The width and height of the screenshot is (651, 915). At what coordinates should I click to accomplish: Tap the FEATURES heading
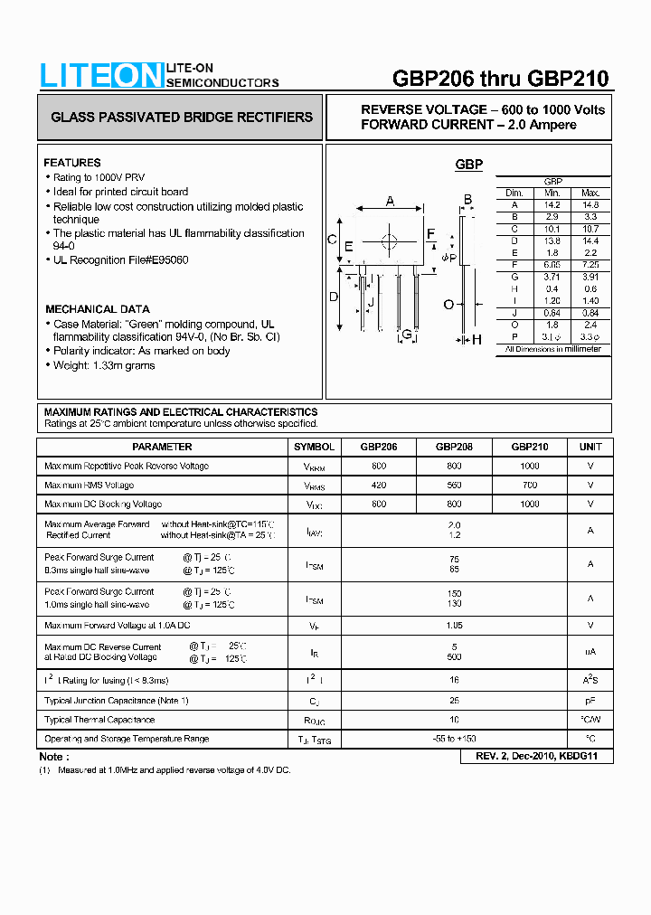(x=72, y=163)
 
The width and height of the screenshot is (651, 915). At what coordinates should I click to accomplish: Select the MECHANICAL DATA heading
(x=97, y=309)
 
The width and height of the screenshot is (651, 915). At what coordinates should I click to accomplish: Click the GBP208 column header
(x=454, y=447)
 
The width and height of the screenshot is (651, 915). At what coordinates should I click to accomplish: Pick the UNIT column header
(x=590, y=447)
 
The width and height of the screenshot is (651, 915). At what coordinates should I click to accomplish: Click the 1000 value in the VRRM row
(x=530, y=467)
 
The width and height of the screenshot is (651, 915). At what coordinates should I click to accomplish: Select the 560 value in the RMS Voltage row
(x=454, y=486)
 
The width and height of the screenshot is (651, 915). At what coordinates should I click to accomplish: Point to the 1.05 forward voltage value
(x=454, y=626)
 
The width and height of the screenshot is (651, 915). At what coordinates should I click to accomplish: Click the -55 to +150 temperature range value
(x=454, y=739)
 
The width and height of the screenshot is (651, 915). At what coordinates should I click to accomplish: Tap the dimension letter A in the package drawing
(x=390, y=201)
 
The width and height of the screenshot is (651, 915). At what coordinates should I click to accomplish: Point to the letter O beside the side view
(x=448, y=304)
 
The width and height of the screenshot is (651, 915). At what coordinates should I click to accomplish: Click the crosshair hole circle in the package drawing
(x=390, y=241)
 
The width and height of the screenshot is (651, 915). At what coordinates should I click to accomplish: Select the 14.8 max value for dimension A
(x=590, y=205)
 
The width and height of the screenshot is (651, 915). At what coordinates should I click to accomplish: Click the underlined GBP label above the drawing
(x=468, y=165)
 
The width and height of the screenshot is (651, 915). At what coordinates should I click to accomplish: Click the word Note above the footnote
(x=52, y=757)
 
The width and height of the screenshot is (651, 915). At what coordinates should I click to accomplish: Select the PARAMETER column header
(x=162, y=447)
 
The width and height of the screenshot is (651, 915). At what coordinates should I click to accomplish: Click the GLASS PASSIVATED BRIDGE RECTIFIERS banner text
(x=181, y=118)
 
